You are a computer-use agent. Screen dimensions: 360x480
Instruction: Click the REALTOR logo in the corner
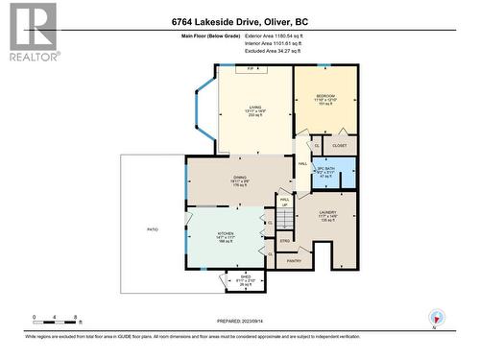coord(31,31)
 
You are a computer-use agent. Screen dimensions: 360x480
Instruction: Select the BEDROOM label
coord(326,97)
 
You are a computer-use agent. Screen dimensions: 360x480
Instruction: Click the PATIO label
coord(152,228)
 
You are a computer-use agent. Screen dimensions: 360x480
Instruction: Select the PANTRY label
coord(294,259)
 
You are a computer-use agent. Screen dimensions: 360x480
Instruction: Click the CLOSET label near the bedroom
coord(340,146)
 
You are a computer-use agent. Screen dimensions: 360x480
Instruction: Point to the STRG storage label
coord(285,240)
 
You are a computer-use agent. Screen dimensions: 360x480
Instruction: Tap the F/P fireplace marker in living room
coord(252,69)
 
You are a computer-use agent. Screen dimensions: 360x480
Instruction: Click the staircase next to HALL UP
coord(284,221)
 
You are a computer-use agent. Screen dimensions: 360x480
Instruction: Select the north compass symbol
coord(438,318)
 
